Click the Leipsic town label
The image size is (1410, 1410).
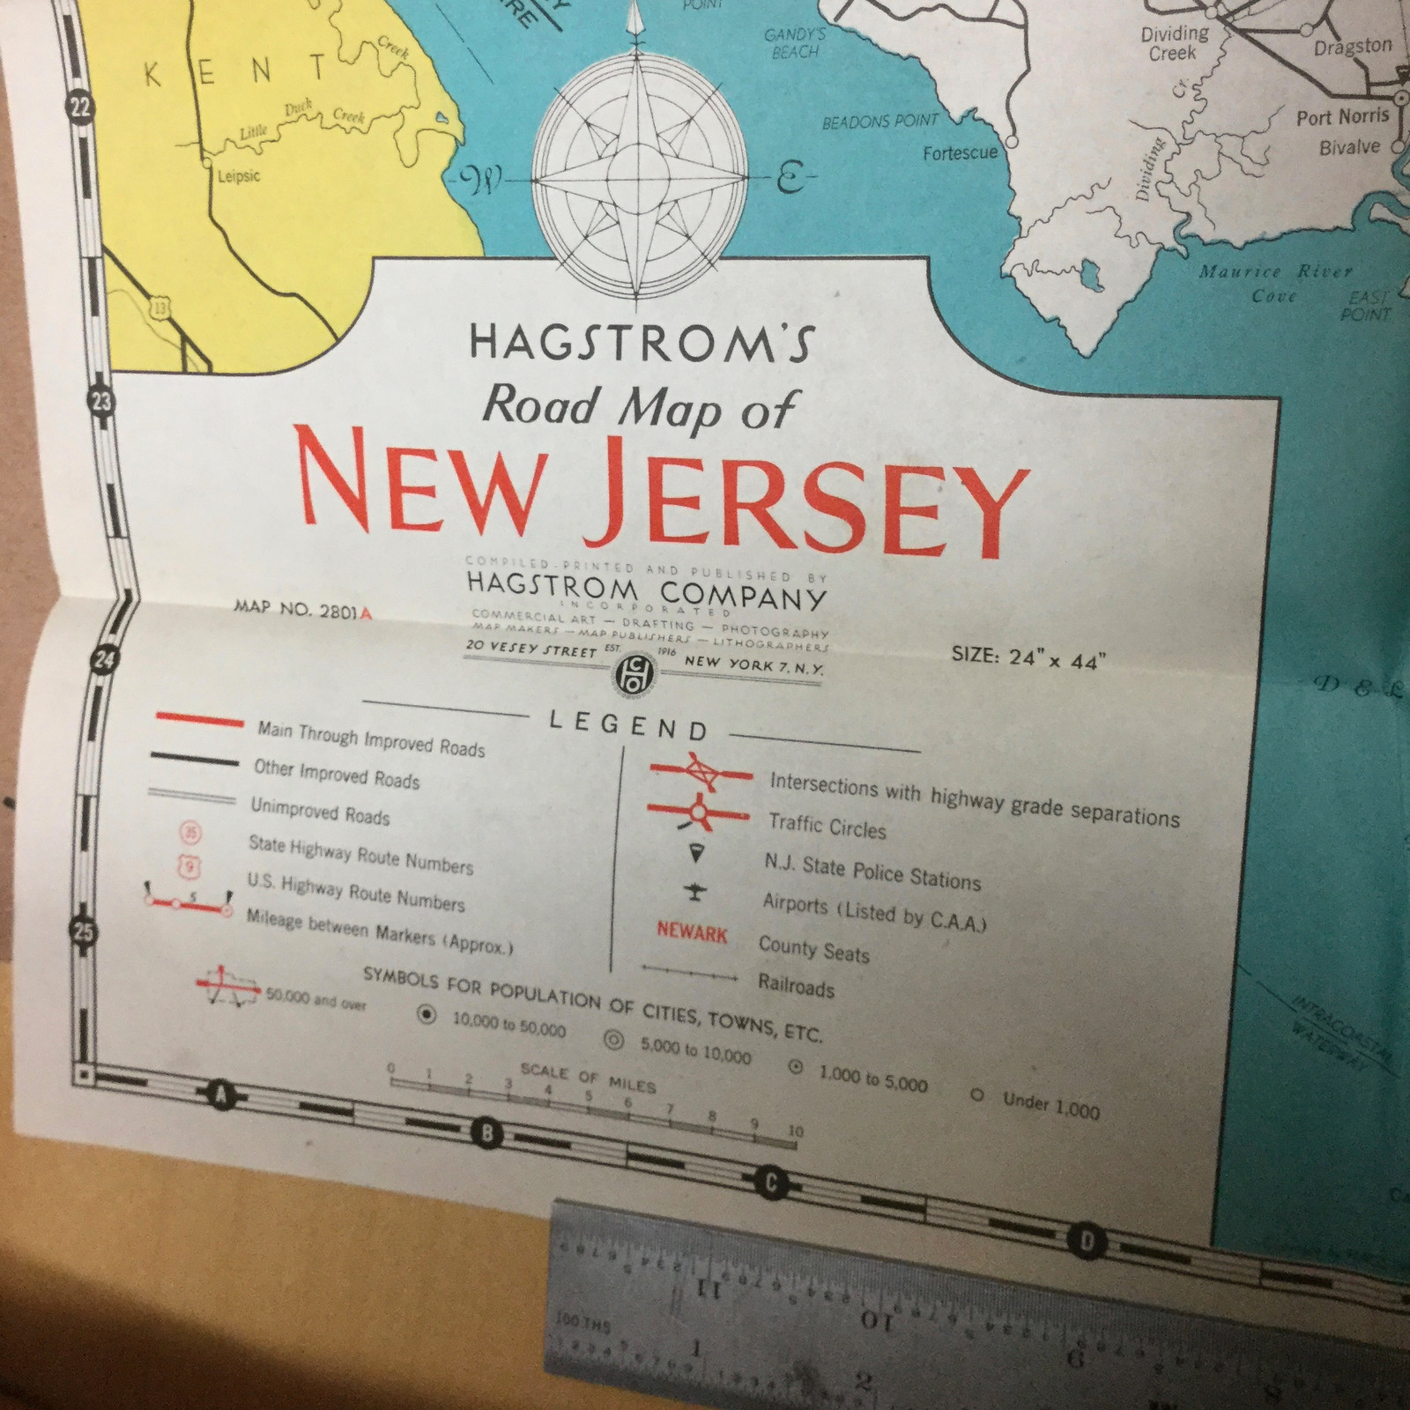[239, 176]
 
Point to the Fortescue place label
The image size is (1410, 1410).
[960, 153]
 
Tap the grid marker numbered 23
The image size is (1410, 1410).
[102, 403]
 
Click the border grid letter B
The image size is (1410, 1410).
[486, 1132]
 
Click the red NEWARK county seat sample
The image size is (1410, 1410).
[692, 932]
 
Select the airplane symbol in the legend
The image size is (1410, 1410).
[695, 893]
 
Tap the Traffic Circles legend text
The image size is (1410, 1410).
[827, 827]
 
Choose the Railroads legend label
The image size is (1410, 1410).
[796, 985]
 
